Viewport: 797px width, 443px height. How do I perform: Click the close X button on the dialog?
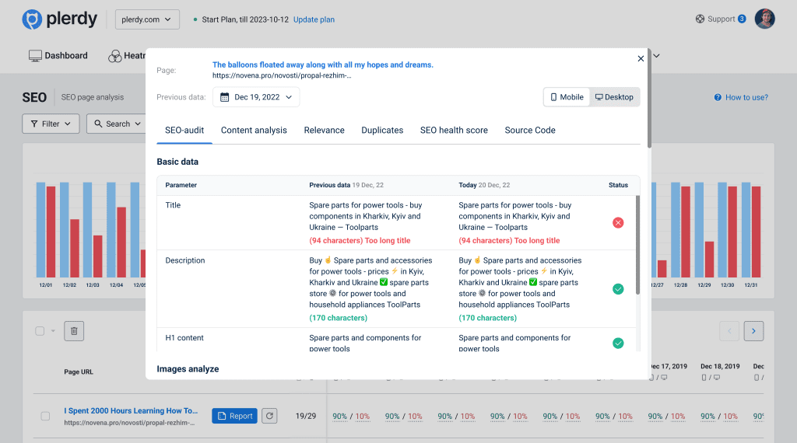pyautogui.click(x=641, y=59)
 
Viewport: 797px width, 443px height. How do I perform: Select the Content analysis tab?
pyautogui.click(x=254, y=131)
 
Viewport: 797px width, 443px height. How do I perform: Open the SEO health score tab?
pyautogui.click(x=454, y=131)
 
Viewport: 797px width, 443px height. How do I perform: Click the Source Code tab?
pyautogui.click(x=530, y=131)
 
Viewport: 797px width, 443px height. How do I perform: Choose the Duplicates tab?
pyautogui.click(x=382, y=131)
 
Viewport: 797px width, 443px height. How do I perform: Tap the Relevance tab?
pyautogui.click(x=324, y=131)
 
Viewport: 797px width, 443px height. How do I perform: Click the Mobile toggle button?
pyautogui.click(x=567, y=97)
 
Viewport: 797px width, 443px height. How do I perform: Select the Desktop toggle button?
pyautogui.click(x=613, y=97)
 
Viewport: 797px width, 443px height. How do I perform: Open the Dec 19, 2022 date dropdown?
pyautogui.click(x=255, y=97)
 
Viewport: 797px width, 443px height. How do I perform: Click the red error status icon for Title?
pyautogui.click(x=618, y=223)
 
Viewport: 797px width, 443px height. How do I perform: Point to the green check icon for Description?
pyautogui.click(x=618, y=289)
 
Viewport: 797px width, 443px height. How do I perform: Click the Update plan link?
pyautogui.click(x=314, y=19)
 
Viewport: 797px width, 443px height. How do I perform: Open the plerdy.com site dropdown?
pyautogui.click(x=147, y=19)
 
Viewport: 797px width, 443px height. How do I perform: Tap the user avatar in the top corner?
pyautogui.click(x=765, y=19)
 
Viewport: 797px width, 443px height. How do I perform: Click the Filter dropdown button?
pyautogui.click(x=51, y=124)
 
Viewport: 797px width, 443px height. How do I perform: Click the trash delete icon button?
pyautogui.click(x=74, y=331)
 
